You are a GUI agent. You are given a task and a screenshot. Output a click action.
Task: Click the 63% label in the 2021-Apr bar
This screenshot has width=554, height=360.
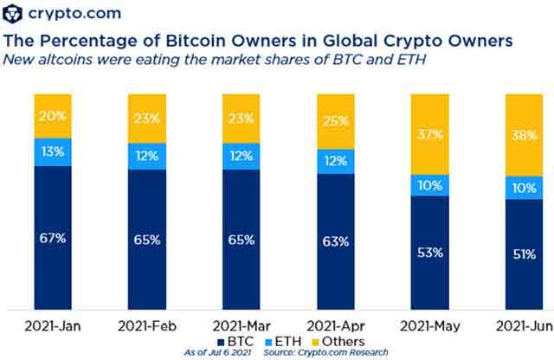(338, 241)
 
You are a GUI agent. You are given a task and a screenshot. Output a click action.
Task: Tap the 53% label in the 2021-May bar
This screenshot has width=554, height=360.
(430, 253)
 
